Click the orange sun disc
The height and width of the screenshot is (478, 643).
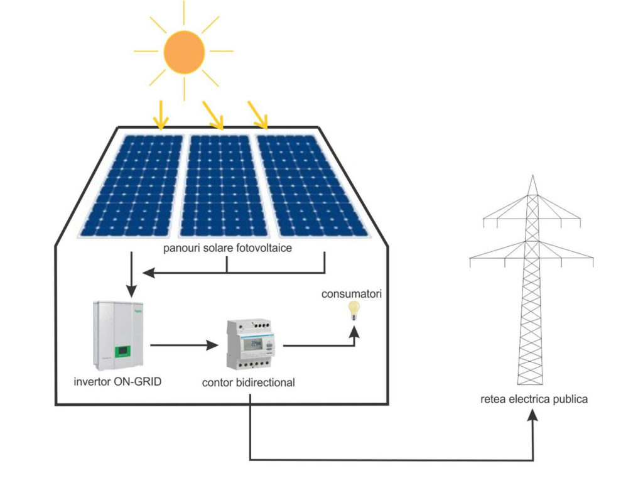coord(184,52)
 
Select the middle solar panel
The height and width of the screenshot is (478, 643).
coord(220,185)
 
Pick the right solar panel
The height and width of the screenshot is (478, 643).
coord(308,185)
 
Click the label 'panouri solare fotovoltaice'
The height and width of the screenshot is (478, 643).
coord(227,249)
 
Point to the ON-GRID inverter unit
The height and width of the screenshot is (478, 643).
coord(120,332)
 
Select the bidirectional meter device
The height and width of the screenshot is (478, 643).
coord(252,346)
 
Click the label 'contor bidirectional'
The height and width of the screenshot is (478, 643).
coord(249,382)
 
